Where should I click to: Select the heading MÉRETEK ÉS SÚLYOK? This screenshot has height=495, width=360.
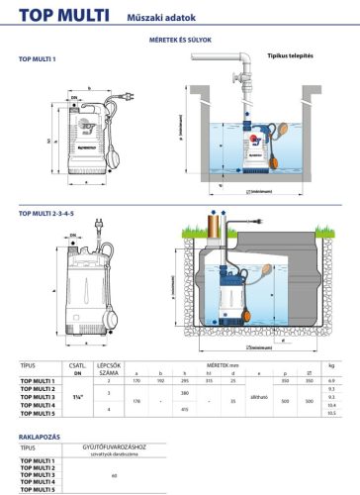(x=179, y=40)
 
